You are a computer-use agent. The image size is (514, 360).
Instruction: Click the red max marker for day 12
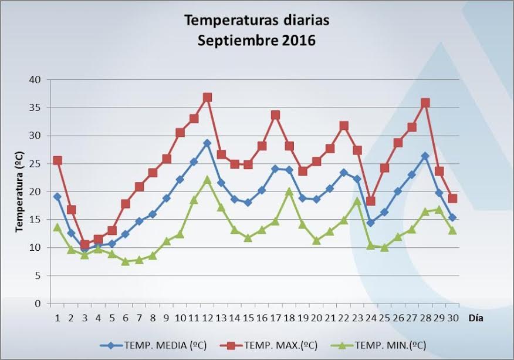tap(207, 97)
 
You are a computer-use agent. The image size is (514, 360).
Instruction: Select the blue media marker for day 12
tap(207, 143)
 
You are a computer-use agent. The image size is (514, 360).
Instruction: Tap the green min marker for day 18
tap(289, 191)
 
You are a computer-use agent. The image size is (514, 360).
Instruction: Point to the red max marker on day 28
tap(425, 103)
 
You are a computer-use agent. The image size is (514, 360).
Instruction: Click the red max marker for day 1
tap(58, 160)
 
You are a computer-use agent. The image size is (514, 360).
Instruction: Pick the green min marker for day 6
tap(126, 261)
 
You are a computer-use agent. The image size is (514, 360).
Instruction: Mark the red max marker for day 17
tap(275, 115)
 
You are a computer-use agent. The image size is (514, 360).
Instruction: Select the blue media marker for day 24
tap(371, 223)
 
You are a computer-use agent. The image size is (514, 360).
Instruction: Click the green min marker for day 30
tap(452, 230)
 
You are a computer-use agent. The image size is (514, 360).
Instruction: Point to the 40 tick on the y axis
tap(36, 80)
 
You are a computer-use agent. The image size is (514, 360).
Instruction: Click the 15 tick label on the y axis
tap(36, 220)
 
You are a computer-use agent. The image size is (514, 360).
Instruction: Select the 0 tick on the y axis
tap(39, 304)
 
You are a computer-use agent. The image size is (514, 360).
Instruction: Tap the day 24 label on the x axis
tap(371, 318)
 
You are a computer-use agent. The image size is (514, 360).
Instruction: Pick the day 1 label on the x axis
tap(58, 318)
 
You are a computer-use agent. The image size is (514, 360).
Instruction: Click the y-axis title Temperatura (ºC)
tap(19, 191)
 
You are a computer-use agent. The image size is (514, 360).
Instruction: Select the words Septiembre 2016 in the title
tap(257, 41)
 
